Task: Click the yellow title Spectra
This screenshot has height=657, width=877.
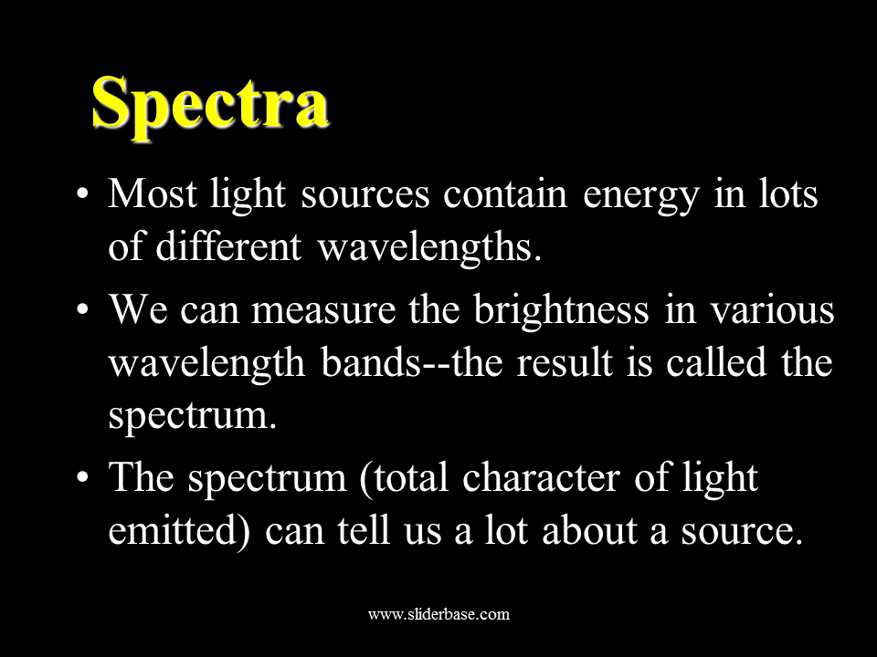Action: pos(210,105)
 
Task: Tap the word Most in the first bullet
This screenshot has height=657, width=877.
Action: pos(153,193)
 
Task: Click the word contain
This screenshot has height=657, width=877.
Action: pos(505,194)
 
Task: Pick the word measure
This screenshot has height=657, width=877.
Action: pos(323,309)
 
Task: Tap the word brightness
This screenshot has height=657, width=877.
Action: pos(561,310)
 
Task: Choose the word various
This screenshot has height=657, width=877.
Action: pos(773,309)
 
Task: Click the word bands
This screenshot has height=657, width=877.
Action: pos(370,362)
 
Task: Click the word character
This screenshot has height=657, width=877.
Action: pos(541,478)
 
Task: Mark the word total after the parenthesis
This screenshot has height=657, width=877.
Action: pos(410,478)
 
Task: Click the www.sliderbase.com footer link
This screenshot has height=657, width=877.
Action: pos(438,614)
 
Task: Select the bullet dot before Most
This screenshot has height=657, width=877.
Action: pos(82,195)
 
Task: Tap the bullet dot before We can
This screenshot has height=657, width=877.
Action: pos(82,310)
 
